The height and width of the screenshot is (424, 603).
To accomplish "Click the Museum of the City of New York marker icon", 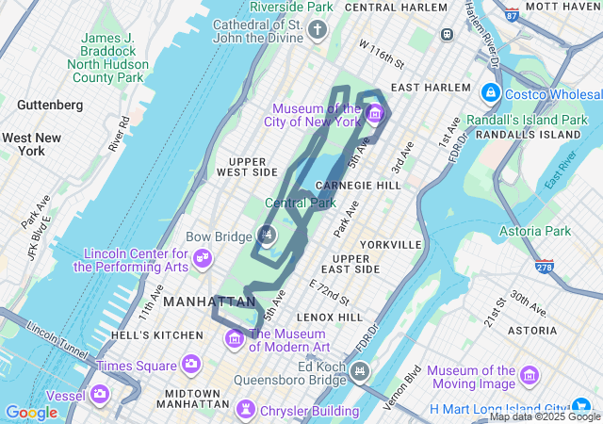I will [375, 115].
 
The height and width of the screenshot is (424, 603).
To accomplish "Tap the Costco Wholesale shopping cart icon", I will [491, 94].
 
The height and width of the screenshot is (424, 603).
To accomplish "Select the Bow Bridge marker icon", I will [268, 234].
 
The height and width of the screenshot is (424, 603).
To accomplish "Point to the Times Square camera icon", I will [191, 364].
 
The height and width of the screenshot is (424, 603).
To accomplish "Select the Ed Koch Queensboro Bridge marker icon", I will [359, 373].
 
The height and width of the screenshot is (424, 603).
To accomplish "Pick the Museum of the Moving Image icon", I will [530, 377].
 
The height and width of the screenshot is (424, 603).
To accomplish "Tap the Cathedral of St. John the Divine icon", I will [318, 31].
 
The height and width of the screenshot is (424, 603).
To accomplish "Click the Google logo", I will [31, 413].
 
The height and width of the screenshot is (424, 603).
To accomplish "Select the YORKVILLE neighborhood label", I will [390, 244].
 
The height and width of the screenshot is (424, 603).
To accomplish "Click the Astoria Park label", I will [537, 231].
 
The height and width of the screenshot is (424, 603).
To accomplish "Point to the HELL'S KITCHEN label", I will [156, 334].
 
